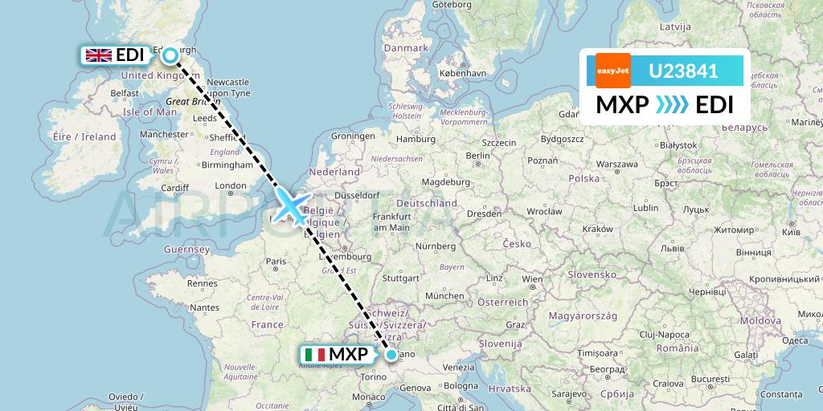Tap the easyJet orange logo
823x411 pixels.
tap(613, 71)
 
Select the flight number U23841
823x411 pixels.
tap(683, 71)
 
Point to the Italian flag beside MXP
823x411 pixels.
tap(315, 354)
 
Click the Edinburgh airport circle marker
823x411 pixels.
tap(170, 55)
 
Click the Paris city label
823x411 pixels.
tap(276, 261)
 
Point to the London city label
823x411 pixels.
tap(231, 186)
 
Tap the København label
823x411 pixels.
tap(463, 73)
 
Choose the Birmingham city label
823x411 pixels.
tap(227, 165)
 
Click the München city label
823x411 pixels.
tap(444, 295)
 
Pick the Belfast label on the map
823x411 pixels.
tap(125, 93)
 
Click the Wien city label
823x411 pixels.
tap(530, 279)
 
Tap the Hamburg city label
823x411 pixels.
tap(416, 140)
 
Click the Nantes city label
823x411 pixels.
tap(206, 307)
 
